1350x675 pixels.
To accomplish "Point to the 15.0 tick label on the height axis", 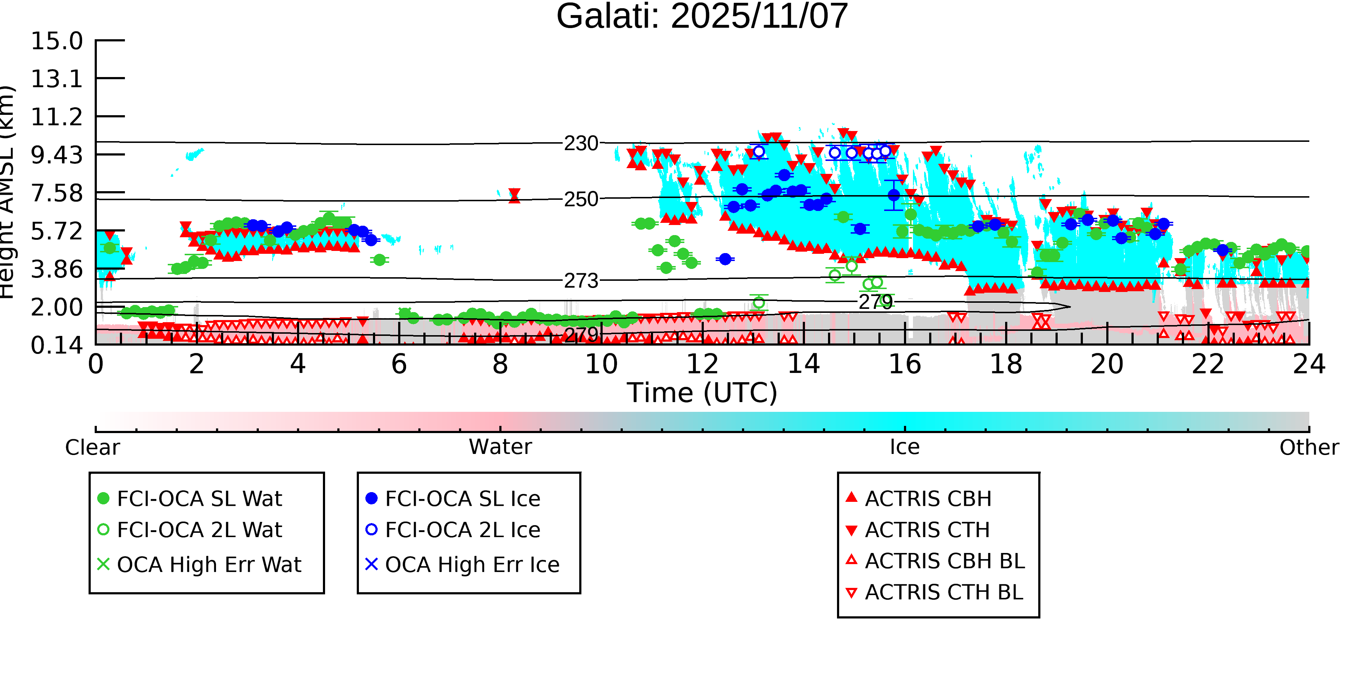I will tap(57, 41).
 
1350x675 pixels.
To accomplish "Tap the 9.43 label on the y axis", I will tap(57, 155).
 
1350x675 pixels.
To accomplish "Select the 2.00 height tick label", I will tap(57, 308).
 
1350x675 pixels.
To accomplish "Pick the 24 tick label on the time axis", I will tap(1309, 365).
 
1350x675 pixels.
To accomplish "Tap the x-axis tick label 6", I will tap(399, 365).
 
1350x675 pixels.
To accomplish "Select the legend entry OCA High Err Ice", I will tap(472, 565).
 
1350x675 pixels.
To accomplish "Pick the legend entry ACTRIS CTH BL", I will tap(943, 593).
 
